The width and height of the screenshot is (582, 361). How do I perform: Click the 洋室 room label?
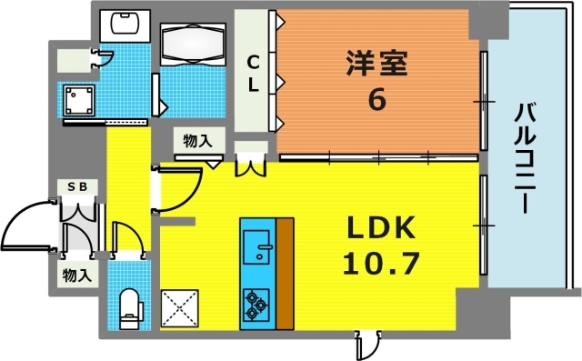tap(376, 65)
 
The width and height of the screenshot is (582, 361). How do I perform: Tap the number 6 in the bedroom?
tap(376, 99)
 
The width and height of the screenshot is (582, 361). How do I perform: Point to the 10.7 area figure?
tap(381, 263)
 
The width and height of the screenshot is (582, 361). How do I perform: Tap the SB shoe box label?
tap(77, 186)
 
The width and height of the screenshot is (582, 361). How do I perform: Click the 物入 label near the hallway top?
tap(197, 140)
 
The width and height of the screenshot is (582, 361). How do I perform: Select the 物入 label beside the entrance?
tap(76, 274)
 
